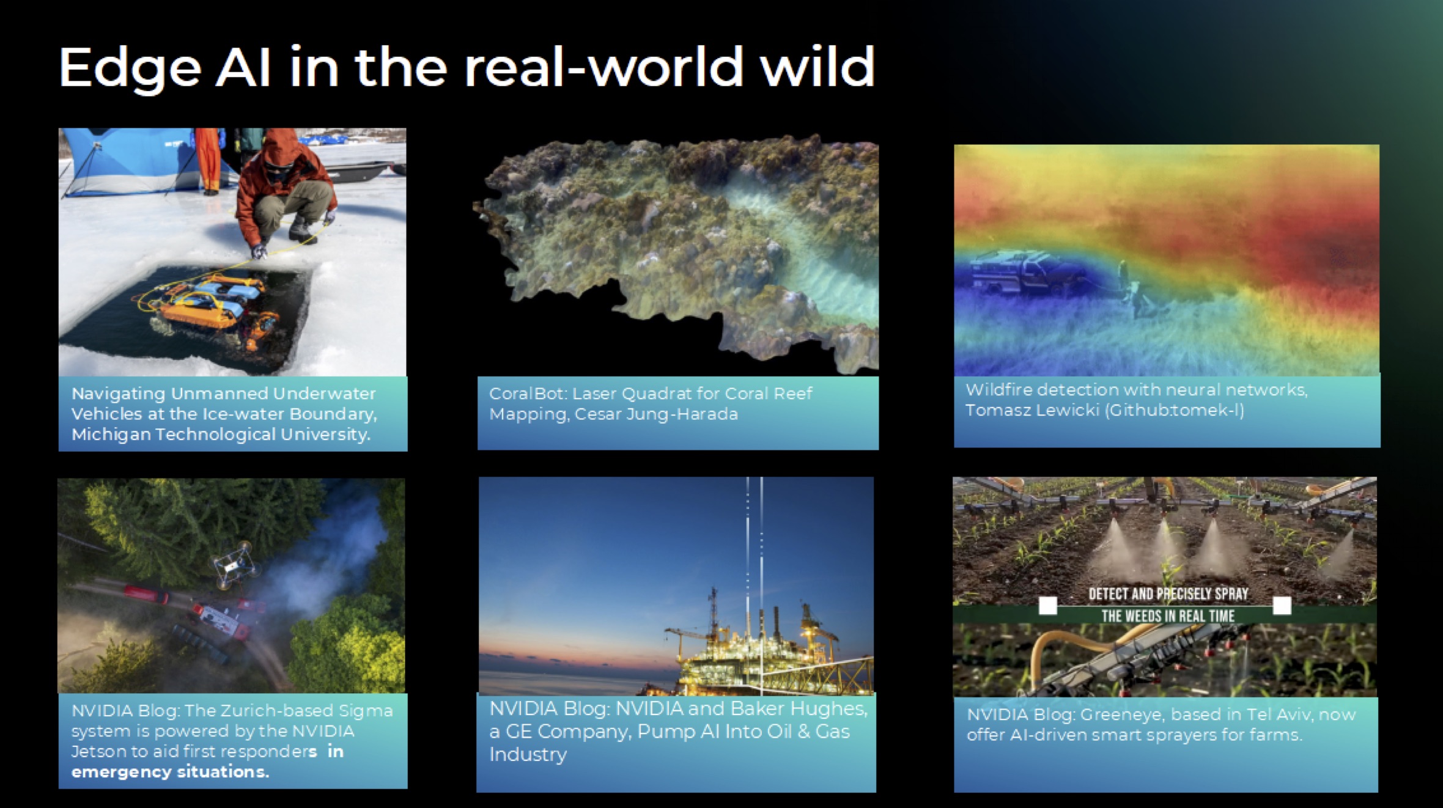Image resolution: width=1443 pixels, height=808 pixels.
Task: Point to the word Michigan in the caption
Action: (x=111, y=435)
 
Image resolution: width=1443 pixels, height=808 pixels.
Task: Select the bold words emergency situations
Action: (x=170, y=771)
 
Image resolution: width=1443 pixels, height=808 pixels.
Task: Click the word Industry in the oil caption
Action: (x=528, y=754)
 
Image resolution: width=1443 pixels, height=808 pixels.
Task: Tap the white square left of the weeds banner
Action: (x=1048, y=606)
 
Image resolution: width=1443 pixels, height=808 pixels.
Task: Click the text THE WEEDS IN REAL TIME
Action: (x=1168, y=616)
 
